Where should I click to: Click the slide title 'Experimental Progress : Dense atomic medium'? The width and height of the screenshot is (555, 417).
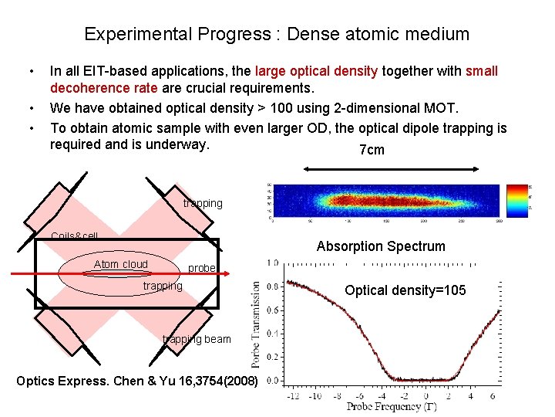tap(277, 34)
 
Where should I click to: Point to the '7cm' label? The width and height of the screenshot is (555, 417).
tap(372, 150)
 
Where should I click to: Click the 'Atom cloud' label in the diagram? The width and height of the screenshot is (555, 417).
tap(120, 264)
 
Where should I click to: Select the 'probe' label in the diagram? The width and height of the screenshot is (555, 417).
tap(202, 269)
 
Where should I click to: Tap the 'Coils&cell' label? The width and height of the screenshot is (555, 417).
tap(74, 236)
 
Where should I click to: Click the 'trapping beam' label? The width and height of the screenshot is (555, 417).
tap(197, 339)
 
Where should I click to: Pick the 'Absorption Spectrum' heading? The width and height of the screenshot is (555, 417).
tap(381, 246)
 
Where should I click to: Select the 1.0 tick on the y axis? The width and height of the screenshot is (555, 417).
tap(272, 263)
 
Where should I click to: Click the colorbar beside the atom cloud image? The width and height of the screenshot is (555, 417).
tap(514, 198)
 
